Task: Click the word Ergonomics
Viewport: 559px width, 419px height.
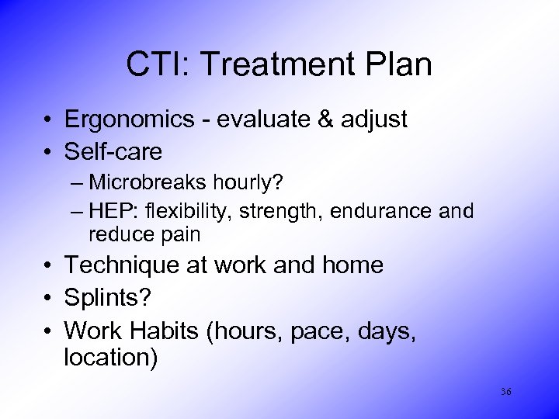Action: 127,119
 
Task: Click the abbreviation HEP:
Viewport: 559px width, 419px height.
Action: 110,210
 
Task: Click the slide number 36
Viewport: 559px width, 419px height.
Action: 505,392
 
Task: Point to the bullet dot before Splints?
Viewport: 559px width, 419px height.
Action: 48,298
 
